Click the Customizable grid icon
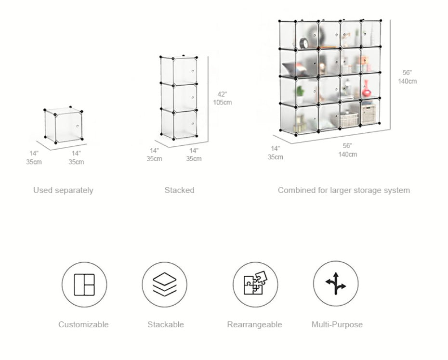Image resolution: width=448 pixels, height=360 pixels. click(84, 284)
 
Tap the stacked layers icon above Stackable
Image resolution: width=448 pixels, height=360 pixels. click(165, 284)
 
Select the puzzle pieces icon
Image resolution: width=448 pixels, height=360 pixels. click(255, 284)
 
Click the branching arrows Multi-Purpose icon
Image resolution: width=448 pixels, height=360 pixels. click(336, 284)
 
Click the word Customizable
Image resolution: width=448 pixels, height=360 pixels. click(83, 324)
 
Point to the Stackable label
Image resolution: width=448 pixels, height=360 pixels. click(166, 324)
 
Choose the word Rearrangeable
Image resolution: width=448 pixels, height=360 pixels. click(254, 324)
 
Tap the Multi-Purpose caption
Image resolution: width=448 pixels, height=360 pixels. click(337, 324)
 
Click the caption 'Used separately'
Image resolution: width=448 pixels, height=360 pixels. click(63, 190)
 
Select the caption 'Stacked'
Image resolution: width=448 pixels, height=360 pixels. click(179, 190)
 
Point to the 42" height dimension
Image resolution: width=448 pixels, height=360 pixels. click(222, 94)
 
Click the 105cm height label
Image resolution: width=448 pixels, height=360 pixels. click(223, 103)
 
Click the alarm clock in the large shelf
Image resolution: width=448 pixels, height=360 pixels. click(304, 42)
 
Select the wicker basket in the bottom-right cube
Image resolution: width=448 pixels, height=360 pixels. click(369, 115)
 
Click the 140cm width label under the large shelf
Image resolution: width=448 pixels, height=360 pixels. click(347, 154)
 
